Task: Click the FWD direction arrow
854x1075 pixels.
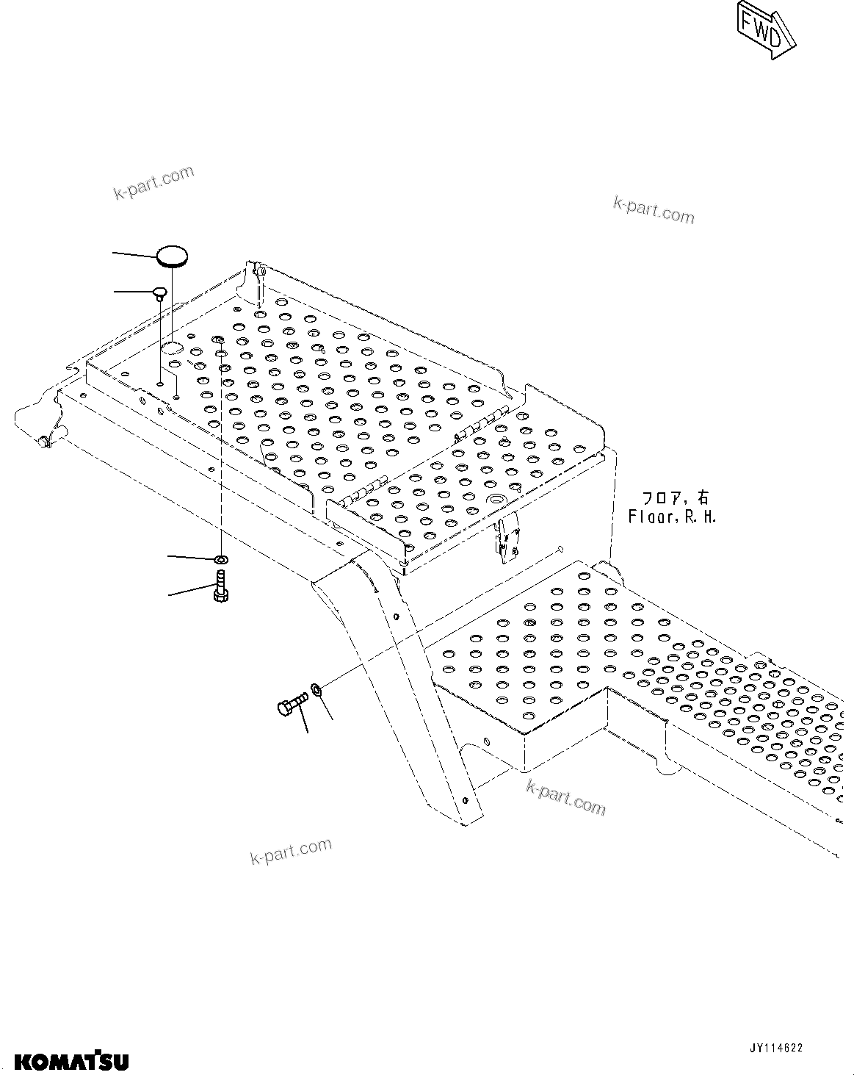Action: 766,29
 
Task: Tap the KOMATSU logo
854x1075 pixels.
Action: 72,1060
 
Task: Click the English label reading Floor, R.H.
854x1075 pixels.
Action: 672,517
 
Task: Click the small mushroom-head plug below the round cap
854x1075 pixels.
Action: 159,294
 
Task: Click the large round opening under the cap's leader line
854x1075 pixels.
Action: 173,347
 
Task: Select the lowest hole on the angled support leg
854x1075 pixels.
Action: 465,799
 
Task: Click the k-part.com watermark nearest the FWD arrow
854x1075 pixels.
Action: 654,209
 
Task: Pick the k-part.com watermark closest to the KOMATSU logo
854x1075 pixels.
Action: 291,851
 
